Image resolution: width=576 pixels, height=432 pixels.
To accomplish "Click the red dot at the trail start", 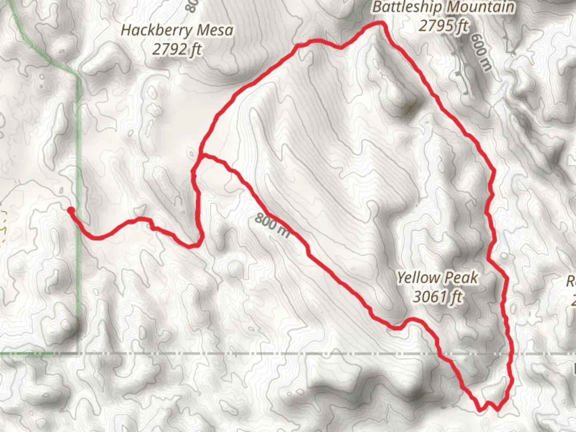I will click(x=70, y=210).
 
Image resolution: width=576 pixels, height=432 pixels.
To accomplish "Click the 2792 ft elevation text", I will click(x=177, y=49).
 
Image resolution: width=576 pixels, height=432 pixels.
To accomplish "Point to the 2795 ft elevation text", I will click(x=443, y=26).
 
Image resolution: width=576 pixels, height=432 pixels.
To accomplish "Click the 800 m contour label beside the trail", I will click(x=272, y=225).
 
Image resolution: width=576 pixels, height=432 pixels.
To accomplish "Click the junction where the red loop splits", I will click(x=200, y=154).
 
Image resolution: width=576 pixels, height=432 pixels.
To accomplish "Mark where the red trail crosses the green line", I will click(x=80, y=229).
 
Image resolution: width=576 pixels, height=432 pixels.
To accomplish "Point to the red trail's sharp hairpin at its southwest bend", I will click(x=196, y=245).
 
